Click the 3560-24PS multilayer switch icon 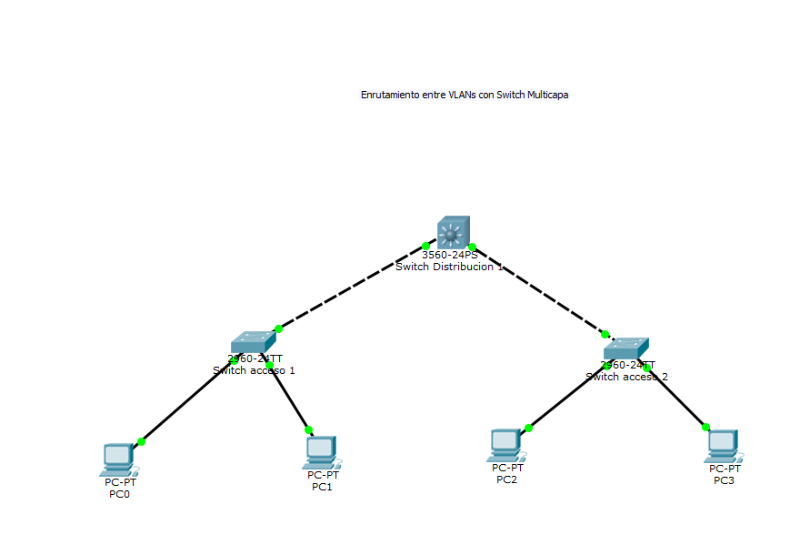[452, 233]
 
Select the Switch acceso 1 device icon [252, 341]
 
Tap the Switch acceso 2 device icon [625, 348]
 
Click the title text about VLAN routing [465, 95]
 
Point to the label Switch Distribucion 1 [449, 267]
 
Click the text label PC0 [119, 495]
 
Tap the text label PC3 [724, 480]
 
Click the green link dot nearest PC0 [141, 441]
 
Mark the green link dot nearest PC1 [308, 429]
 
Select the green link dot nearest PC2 [528, 428]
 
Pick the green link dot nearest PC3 [705, 427]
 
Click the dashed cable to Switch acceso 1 [350, 288]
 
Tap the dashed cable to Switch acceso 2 [538, 290]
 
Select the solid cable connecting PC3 [677, 398]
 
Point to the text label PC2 [506, 479]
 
